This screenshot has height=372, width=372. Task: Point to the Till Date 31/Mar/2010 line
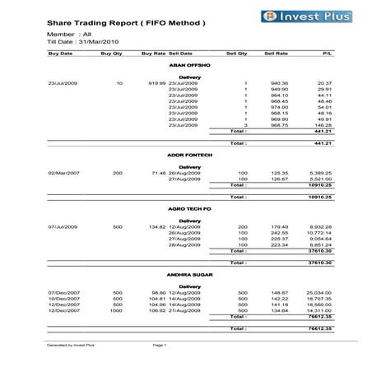(82, 41)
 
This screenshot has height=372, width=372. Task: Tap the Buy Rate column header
(153, 52)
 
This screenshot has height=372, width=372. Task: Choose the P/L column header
(327, 52)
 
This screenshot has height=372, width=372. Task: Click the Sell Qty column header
(236, 52)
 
